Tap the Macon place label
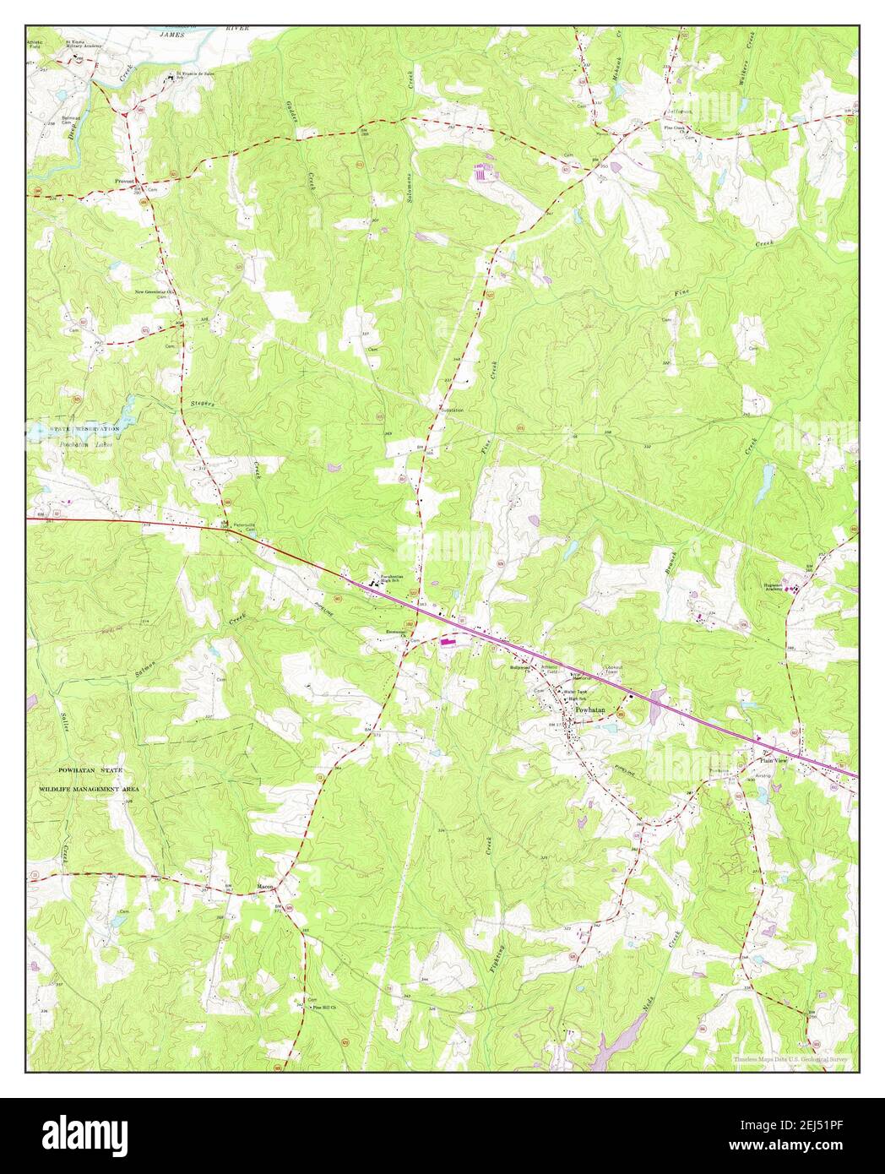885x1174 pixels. point(266,886)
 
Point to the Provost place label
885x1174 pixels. point(126,181)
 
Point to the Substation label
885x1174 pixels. point(452,410)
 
